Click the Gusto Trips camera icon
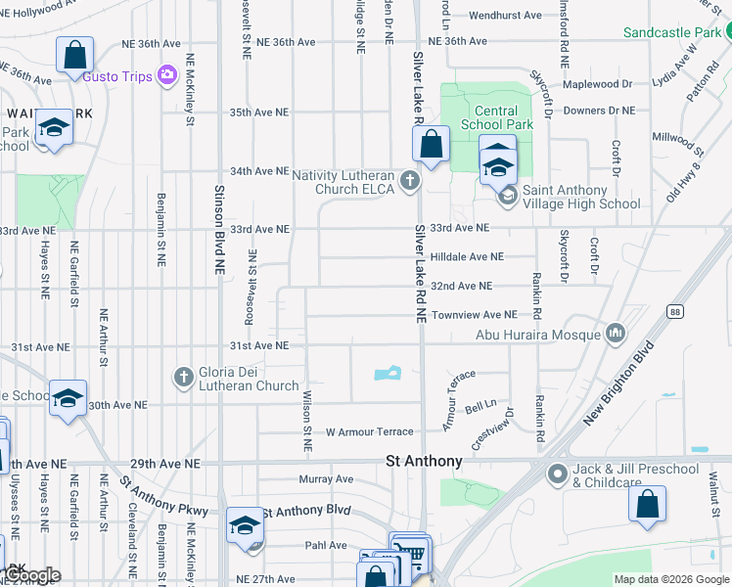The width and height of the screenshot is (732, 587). pyautogui.click(x=166, y=74)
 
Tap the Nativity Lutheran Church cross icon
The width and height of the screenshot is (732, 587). pyautogui.click(x=410, y=180)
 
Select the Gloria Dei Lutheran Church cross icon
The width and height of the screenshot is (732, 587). pyautogui.click(x=183, y=377)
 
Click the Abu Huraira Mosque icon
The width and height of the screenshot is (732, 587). pyautogui.click(x=616, y=334)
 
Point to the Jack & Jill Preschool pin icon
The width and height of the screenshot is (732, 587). pyautogui.click(x=558, y=475)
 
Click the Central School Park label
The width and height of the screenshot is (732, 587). pyautogui.click(x=497, y=118)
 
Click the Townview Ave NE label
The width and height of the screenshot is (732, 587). pyautogui.click(x=474, y=315)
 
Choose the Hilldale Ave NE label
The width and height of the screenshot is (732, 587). pyautogui.click(x=468, y=256)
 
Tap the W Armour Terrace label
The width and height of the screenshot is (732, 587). pyautogui.click(x=370, y=431)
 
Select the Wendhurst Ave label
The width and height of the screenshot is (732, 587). pyautogui.click(x=505, y=16)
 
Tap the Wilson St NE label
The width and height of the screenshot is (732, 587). pyautogui.click(x=307, y=421)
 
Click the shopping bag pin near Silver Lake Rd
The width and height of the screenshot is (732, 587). pyautogui.click(x=431, y=146)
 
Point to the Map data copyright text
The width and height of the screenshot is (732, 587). pyautogui.click(x=671, y=579)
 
